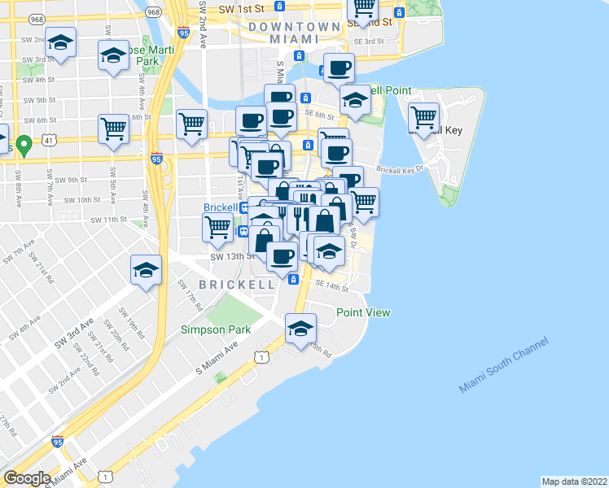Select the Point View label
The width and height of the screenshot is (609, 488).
click(363, 312)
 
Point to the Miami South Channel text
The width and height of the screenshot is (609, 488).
click(503, 365)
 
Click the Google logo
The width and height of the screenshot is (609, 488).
click(27, 477)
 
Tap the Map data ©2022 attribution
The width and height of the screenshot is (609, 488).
click(575, 481)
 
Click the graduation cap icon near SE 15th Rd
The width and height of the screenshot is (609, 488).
click(300, 329)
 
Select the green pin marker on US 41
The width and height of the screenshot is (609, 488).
click(24, 146)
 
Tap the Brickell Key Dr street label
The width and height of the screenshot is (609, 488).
click(400, 170)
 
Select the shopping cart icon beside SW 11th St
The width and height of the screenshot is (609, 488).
click(217, 228)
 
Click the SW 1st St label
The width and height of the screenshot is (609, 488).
click(237, 9)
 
